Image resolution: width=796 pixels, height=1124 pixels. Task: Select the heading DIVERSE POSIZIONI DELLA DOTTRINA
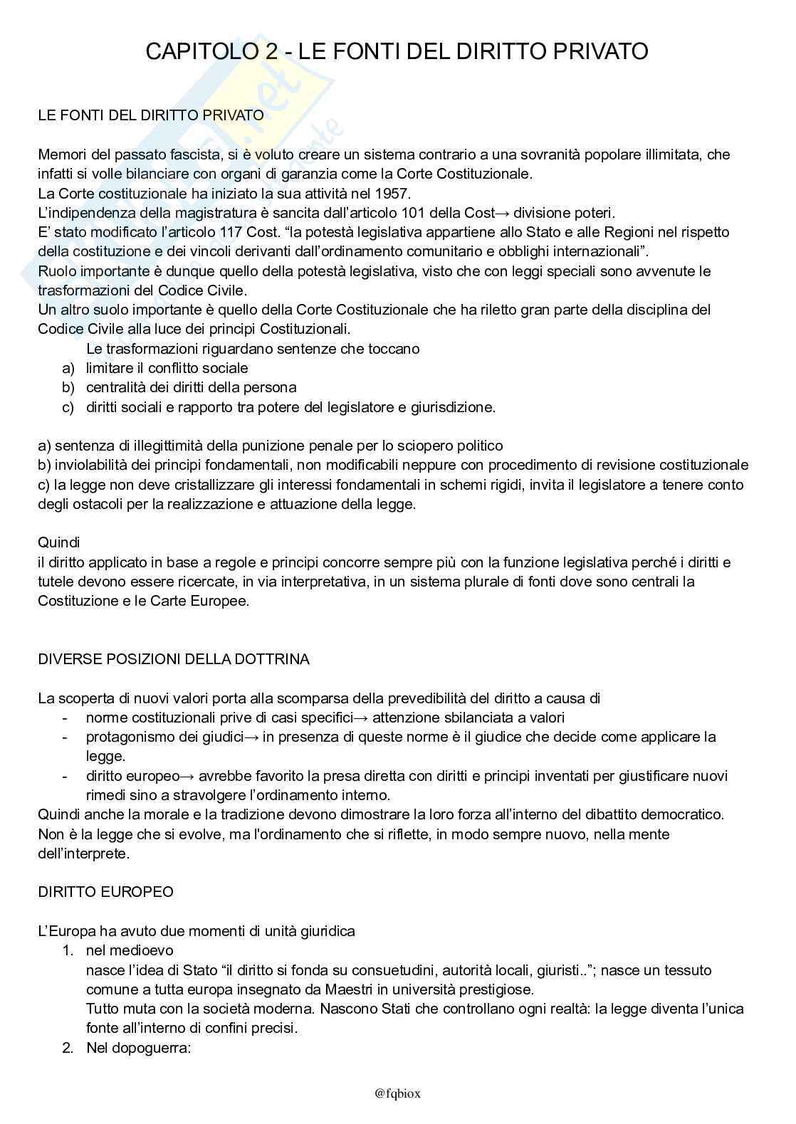point(174,659)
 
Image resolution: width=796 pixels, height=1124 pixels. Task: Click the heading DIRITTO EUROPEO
point(105,892)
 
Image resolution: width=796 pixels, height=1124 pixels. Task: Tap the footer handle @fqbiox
point(397,1093)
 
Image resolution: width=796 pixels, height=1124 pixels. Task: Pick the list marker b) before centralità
point(68,388)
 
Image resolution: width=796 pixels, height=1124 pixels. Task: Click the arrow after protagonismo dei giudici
point(252,737)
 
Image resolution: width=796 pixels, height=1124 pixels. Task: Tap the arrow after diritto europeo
point(188,776)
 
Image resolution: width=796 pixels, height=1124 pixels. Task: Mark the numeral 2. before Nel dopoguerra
point(68,1048)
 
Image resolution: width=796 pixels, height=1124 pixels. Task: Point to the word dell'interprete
point(84,853)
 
